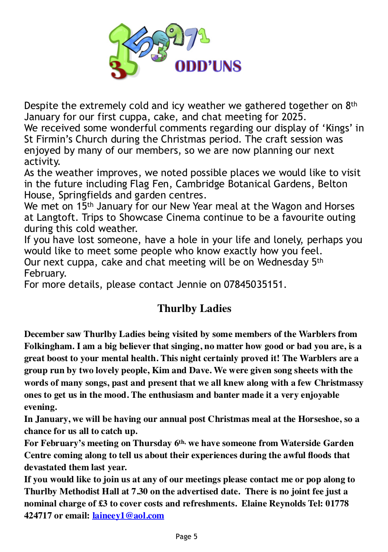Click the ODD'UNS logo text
[208, 66]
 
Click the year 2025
[292, 117]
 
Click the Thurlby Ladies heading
[194, 308]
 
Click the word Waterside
[302, 443]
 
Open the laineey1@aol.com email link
[128, 516]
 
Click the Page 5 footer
[186, 536]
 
